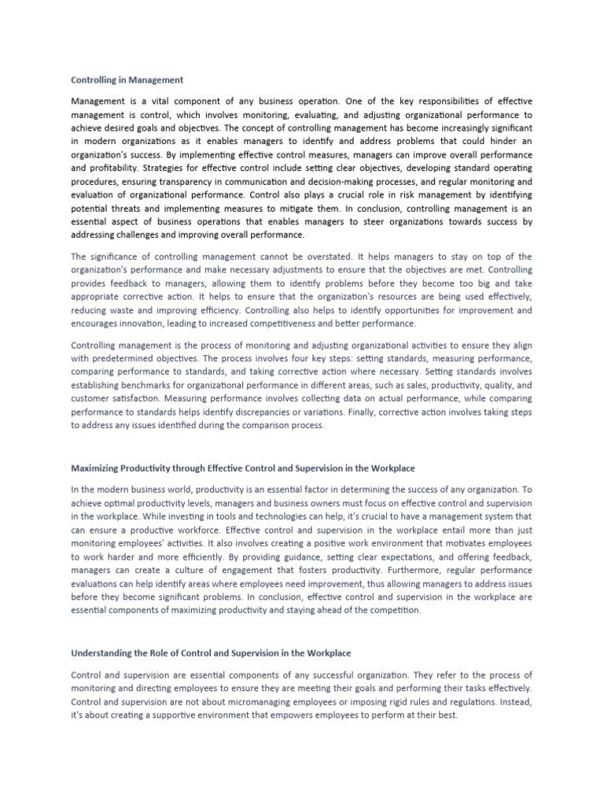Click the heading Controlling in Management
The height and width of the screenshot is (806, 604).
[x=127, y=79]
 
